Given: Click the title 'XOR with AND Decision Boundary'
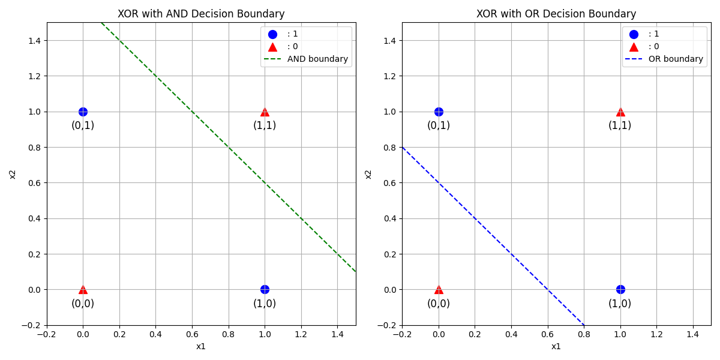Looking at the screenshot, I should [x=201, y=14].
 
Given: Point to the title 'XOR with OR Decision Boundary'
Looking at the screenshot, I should [x=556, y=14].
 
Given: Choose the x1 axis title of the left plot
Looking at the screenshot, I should [x=201, y=346].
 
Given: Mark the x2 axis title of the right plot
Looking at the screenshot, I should [x=368, y=174].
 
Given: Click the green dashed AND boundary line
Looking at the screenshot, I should [x=228, y=147].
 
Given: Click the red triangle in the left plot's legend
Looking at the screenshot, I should [x=272, y=47].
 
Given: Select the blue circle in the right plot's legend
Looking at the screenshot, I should [x=634, y=34].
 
